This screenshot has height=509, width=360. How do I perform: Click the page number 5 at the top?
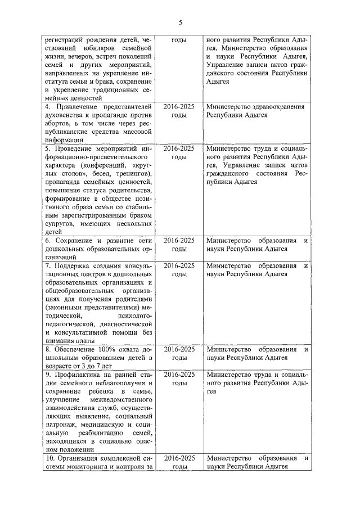(x=180, y=22)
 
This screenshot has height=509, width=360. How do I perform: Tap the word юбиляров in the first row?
(x=92, y=49)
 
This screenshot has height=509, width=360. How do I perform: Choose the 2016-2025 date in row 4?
(x=179, y=106)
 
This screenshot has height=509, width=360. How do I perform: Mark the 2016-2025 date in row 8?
(x=179, y=349)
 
